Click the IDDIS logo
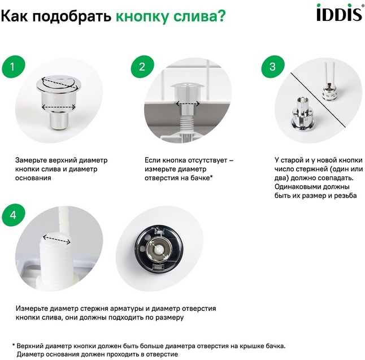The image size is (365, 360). click(x=340, y=12)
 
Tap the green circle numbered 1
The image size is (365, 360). click(x=13, y=67)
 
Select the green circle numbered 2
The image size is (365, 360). click(x=142, y=67)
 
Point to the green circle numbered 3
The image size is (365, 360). click(x=272, y=67)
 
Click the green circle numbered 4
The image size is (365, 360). click(x=13, y=215)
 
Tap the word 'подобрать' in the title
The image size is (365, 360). click(x=72, y=17)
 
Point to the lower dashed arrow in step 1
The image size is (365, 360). click(x=58, y=107)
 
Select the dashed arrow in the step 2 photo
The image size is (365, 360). click(x=188, y=103)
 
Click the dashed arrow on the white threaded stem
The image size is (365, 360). click(x=57, y=240)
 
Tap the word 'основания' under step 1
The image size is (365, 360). click(x=33, y=178)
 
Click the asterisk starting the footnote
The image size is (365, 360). click(x=14, y=345)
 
